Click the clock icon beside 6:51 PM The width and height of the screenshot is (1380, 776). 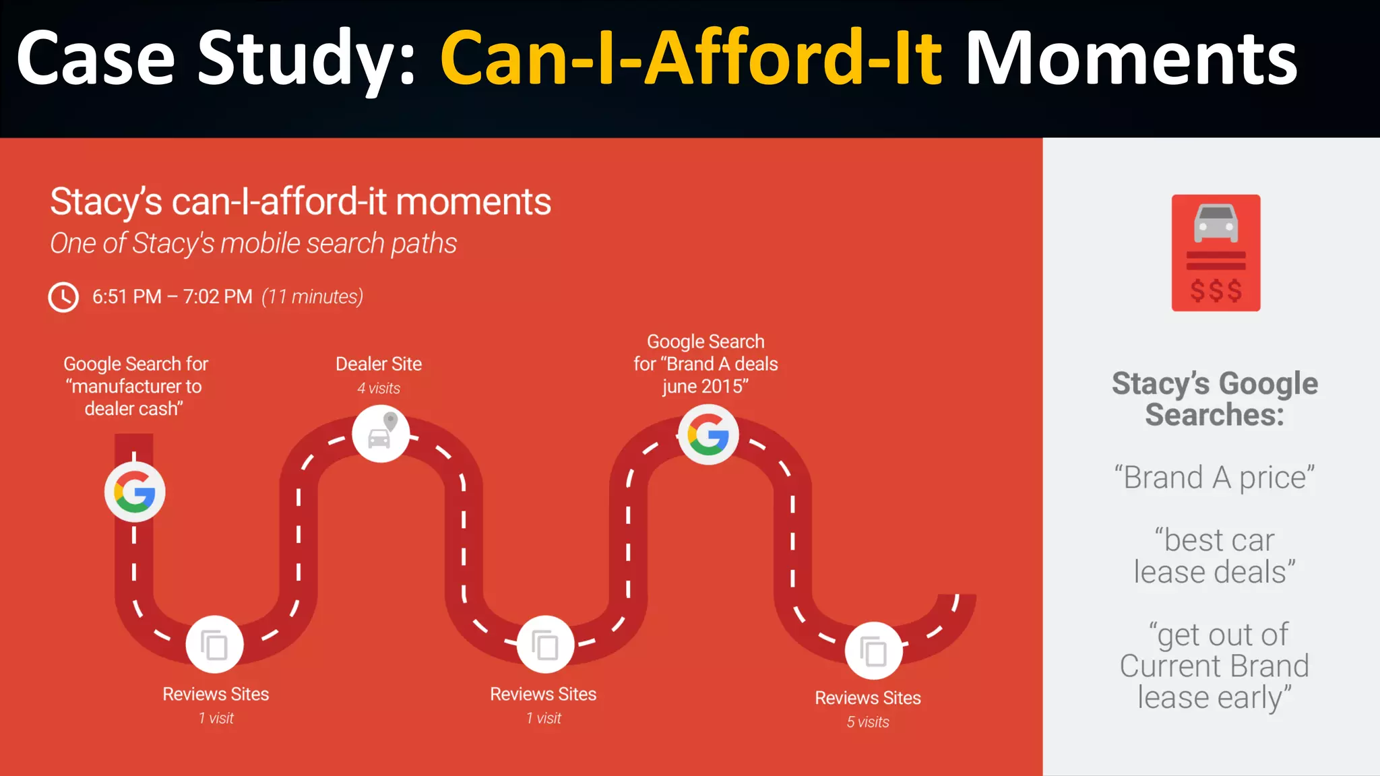point(63,297)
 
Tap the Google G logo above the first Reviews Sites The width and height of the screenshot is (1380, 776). point(135,492)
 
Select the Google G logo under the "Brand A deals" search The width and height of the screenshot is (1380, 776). point(708,435)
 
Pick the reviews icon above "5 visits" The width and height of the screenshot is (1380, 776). point(874,651)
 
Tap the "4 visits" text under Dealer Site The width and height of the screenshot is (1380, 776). point(379,389)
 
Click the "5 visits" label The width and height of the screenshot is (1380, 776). point(868,722)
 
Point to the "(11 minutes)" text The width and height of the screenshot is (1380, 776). point(313,297)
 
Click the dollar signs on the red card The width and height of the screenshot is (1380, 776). point(1216,291)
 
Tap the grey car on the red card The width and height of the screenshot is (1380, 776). point(1216,223)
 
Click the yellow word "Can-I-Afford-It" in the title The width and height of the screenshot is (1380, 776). point(691,59)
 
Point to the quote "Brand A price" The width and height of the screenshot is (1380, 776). point(1214,478)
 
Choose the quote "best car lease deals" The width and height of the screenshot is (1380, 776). point(1214,556)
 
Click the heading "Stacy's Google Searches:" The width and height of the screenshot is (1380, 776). point(1214,399)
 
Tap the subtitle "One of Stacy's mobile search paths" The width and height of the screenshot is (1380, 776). point(253,244)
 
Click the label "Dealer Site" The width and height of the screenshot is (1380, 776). point(379,364)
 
